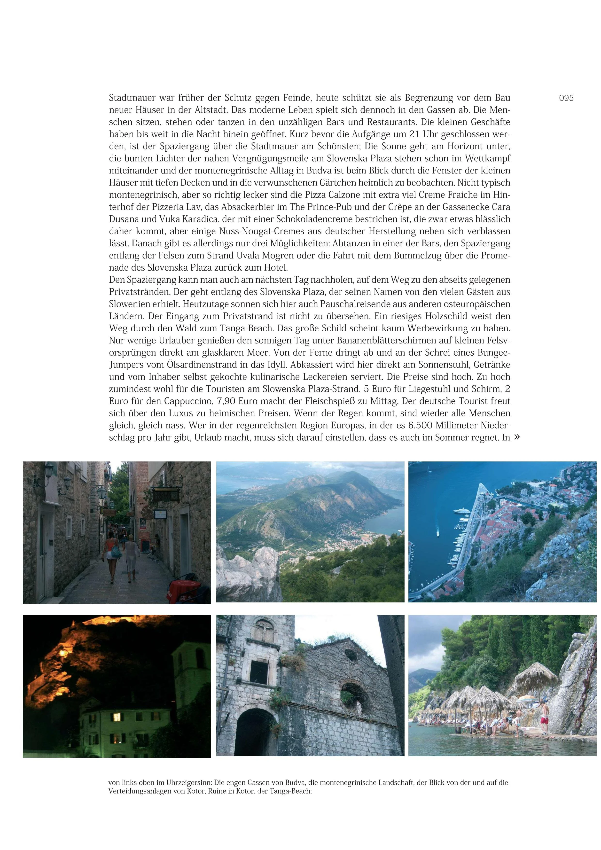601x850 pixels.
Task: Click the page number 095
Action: coord(566,98)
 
